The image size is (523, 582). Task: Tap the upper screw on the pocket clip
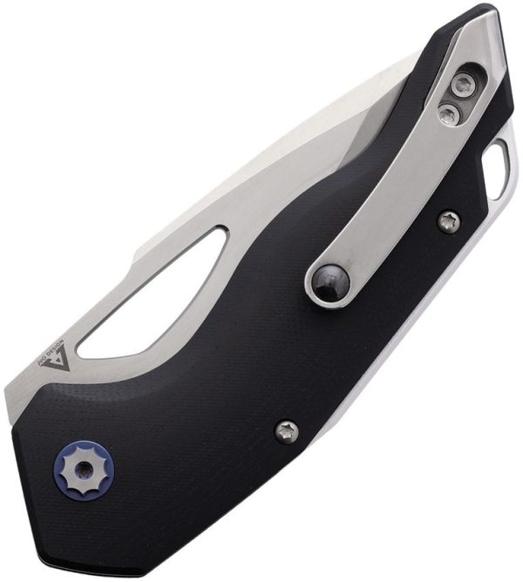(x=462, y=85)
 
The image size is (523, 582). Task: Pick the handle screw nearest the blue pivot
(x=287, y=430)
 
